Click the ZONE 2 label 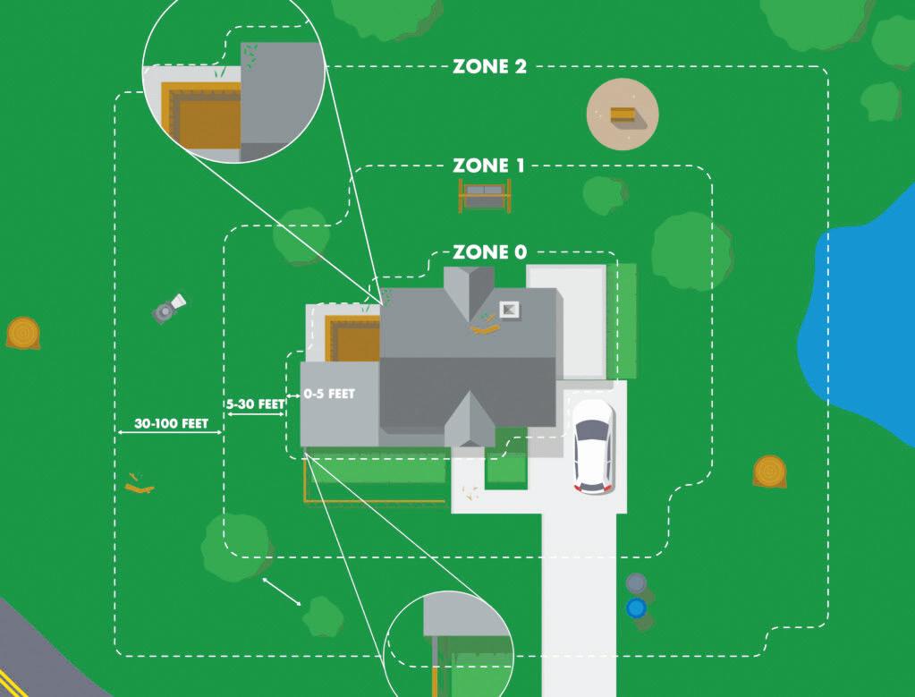coord(489,67)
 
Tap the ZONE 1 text coord(488,166)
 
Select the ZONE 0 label coord(489,252)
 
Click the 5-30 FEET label coord(255,404)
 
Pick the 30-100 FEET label coord(170,424)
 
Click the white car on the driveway coord(593,445)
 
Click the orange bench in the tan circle coord(622,115)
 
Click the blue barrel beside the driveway coord(636,608)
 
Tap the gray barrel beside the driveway coord(635,583)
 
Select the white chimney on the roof coord(509,310)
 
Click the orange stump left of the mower coord(21,332)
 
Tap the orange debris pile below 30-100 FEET coord(139,484)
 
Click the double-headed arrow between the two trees coord(282,591)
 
